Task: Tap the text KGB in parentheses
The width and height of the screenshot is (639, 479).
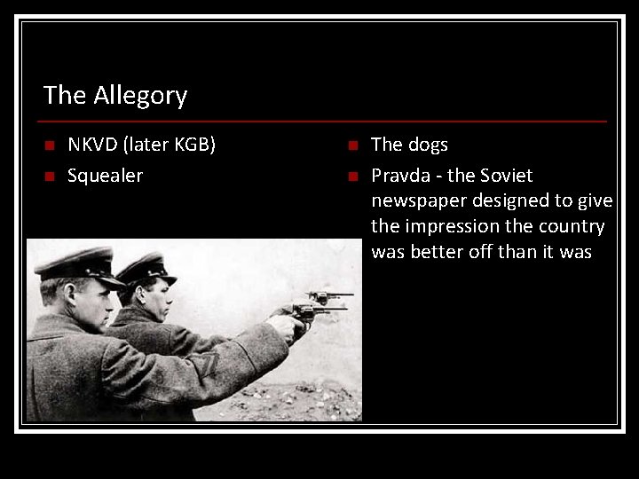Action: pos(193,145)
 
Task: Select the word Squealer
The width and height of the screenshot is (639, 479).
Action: pos(105,176)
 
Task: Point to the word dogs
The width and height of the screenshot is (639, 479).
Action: pos(428,145)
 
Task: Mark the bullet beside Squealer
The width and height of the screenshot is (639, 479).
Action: pos(49,177)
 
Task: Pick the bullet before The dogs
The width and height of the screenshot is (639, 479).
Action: pos(352,145)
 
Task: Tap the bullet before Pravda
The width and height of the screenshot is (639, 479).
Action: pos(352,177)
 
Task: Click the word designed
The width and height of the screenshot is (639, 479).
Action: pos(503,201)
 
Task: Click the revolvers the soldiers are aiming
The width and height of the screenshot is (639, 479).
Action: pos(319,306)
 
